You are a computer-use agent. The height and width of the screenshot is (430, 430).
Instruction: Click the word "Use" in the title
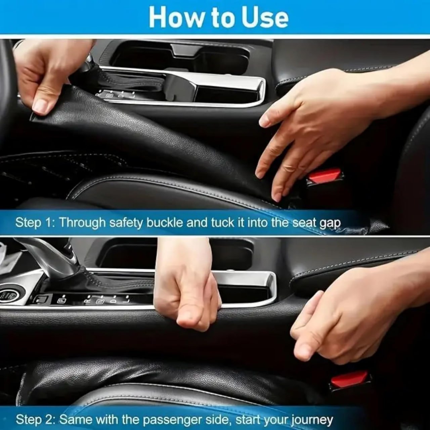click(x=265, y=17)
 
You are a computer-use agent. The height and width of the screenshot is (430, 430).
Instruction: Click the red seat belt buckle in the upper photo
click(x=325, y=177)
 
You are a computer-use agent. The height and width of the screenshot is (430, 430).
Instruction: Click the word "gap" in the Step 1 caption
click(x=330, y=223)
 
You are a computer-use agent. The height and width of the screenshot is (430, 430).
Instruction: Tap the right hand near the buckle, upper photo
click(x=302, y=128)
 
